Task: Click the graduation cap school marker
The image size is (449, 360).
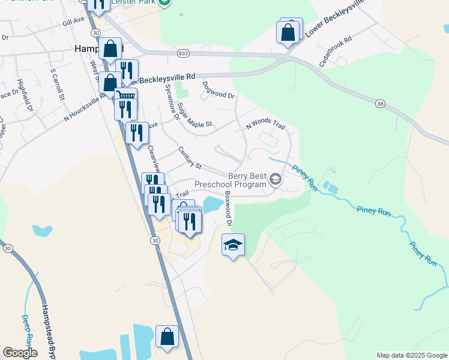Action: pyautogui.click(x=234, y=245)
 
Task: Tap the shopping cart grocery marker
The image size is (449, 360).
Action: pyautogui.click(x=126, y=96)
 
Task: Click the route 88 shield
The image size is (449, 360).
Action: pyautogui.click(x=380, y=104)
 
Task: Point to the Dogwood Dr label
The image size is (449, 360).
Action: pyautogui.click(x=218, y=90)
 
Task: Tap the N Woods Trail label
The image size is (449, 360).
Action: pyautogui.click(x=265, y=124)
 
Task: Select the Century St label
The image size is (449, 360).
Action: pyautogui.click(x=189, y=157)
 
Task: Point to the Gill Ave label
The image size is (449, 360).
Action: pyautogui.click(x=74, y=22)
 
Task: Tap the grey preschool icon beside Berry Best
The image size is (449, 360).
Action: pyautogui.click(x=276, y=179)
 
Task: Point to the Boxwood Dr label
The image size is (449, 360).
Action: pyautogui.click(x=228, y=209)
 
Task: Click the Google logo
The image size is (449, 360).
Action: pyautogui.click(x=20, y=353)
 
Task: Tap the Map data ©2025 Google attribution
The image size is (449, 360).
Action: pyautogui.click(x=412, y=355)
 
